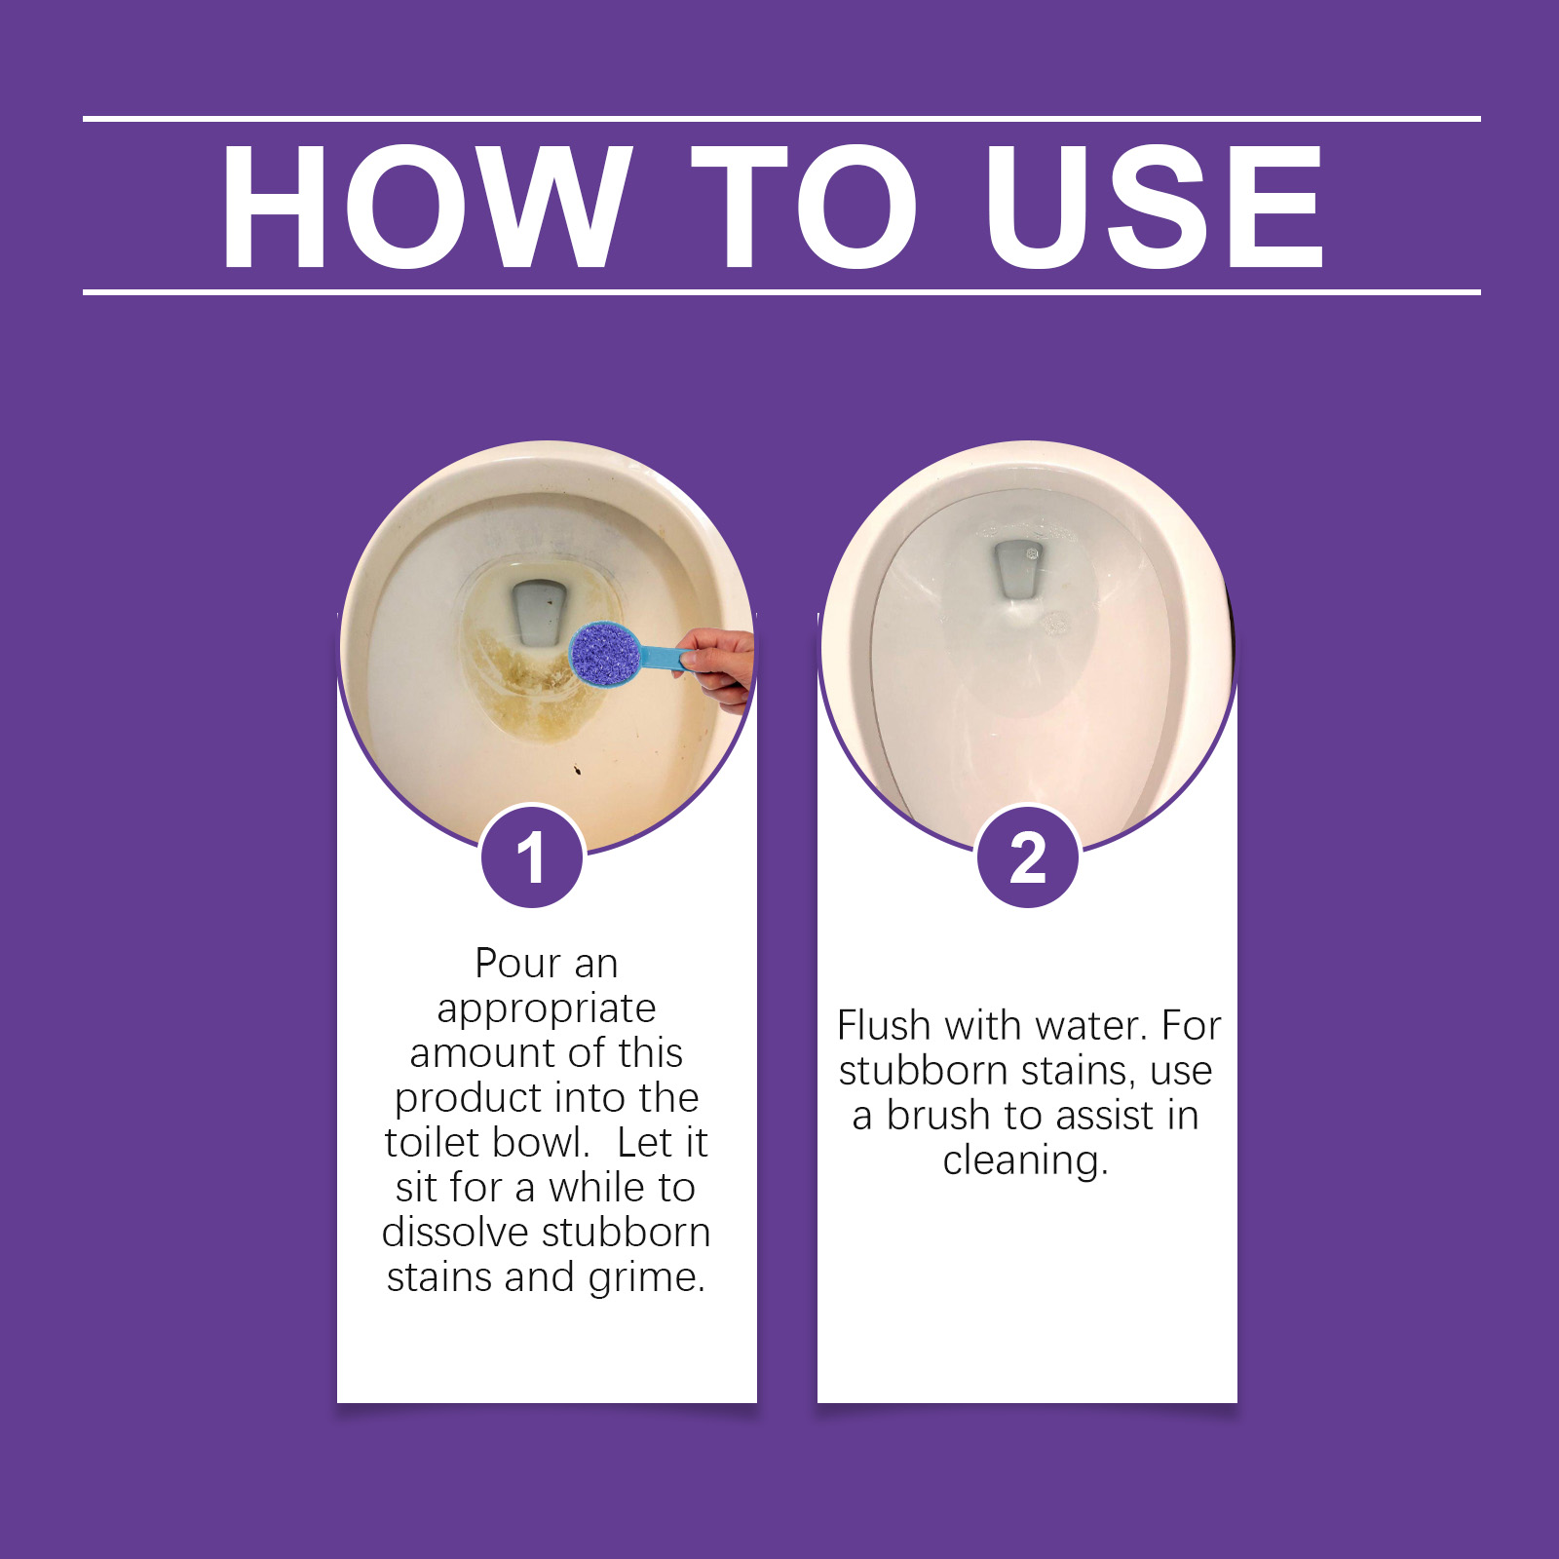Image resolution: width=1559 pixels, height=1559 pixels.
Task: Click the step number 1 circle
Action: pos(532,856)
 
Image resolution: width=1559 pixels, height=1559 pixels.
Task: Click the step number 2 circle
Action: pos(1027,856)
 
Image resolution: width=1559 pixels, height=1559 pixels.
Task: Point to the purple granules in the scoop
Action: pos(604,653)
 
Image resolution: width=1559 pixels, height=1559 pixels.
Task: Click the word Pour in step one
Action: pos(517,964)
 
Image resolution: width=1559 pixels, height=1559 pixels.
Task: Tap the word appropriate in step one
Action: pos(546,1009)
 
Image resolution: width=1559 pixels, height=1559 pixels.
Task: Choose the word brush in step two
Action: pos(939,1115)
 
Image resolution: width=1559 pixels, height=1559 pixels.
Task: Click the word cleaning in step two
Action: pos(1025,1161)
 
